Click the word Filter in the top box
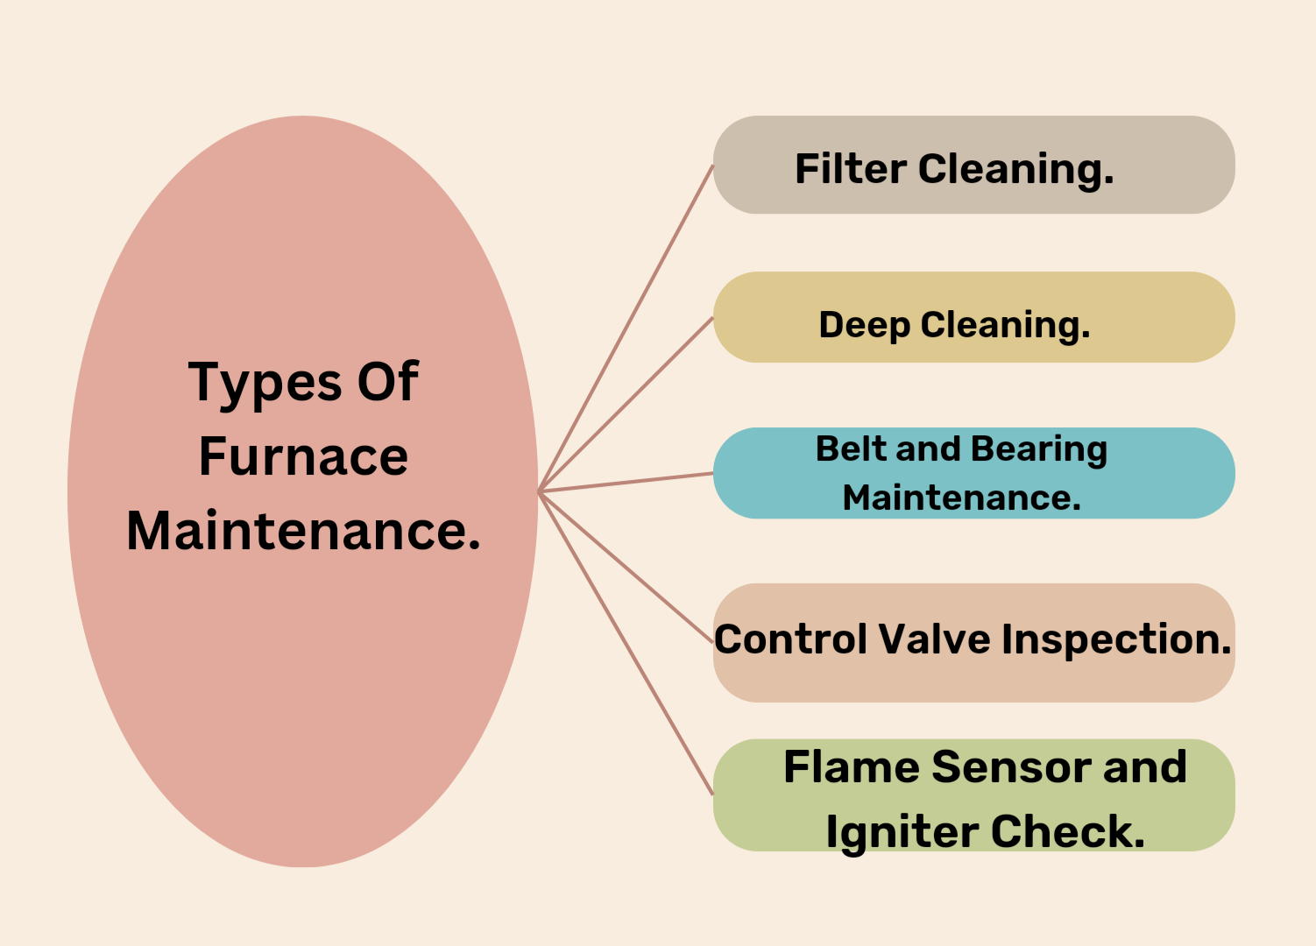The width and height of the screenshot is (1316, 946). tap(849, 169)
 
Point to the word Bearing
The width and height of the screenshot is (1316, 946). tap(1039, 450)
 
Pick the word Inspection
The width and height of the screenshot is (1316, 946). tap(1116, 640)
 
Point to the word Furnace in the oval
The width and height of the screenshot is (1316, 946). tap(303, 456)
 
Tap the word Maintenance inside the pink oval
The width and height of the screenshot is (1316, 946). tap(303, 531)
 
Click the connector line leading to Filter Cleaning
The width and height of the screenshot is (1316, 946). tap(626, 328)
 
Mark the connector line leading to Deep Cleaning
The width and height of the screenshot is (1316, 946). tap(626, 404)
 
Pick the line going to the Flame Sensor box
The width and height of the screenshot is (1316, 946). tap(626, 643)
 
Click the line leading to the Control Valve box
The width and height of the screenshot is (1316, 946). tap(626, 568)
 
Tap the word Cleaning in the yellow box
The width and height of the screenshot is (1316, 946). tap(1005, 326)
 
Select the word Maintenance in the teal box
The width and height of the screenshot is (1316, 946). tap(961, 498)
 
